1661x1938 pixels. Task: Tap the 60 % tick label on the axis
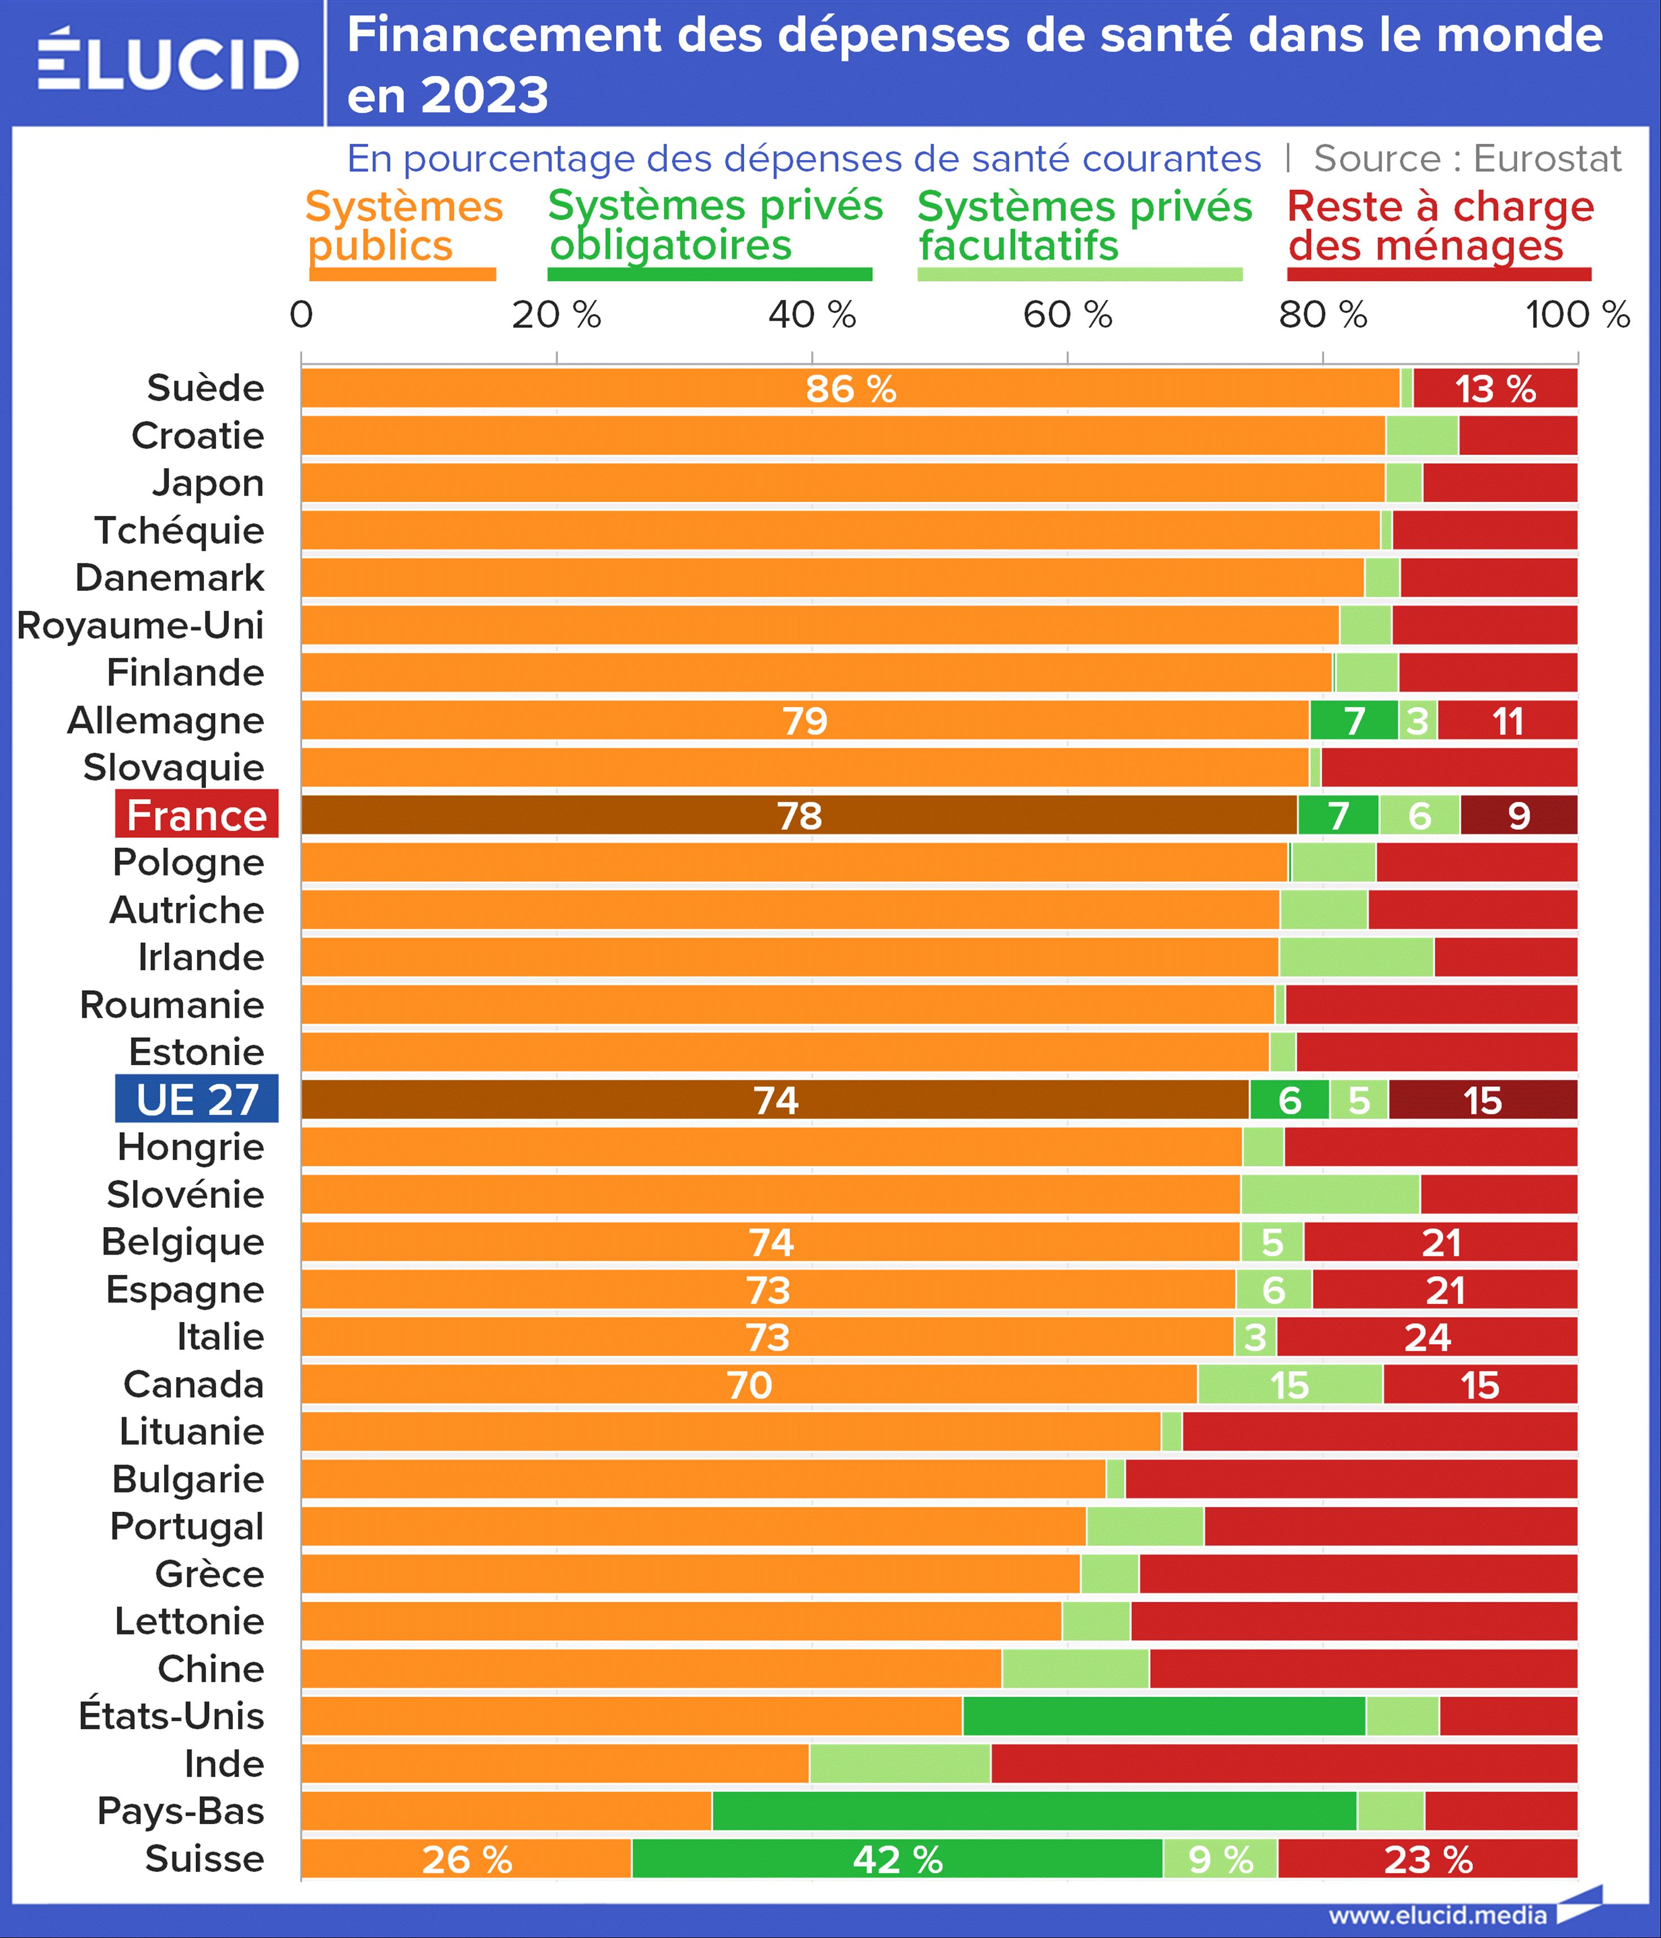1067,315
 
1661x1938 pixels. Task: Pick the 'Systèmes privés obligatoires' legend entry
714,226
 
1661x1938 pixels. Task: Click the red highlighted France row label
196,815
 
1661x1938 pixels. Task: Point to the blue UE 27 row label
196,1099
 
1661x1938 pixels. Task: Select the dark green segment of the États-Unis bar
1164,1715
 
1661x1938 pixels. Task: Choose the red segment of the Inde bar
1283,1763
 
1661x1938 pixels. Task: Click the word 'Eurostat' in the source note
1547,159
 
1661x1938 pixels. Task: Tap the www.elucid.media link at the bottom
1438,1915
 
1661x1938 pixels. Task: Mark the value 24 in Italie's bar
1426,1337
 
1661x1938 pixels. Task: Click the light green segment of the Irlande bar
1356,957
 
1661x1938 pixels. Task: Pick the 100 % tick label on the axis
1578,315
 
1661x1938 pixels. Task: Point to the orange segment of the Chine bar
651,1668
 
